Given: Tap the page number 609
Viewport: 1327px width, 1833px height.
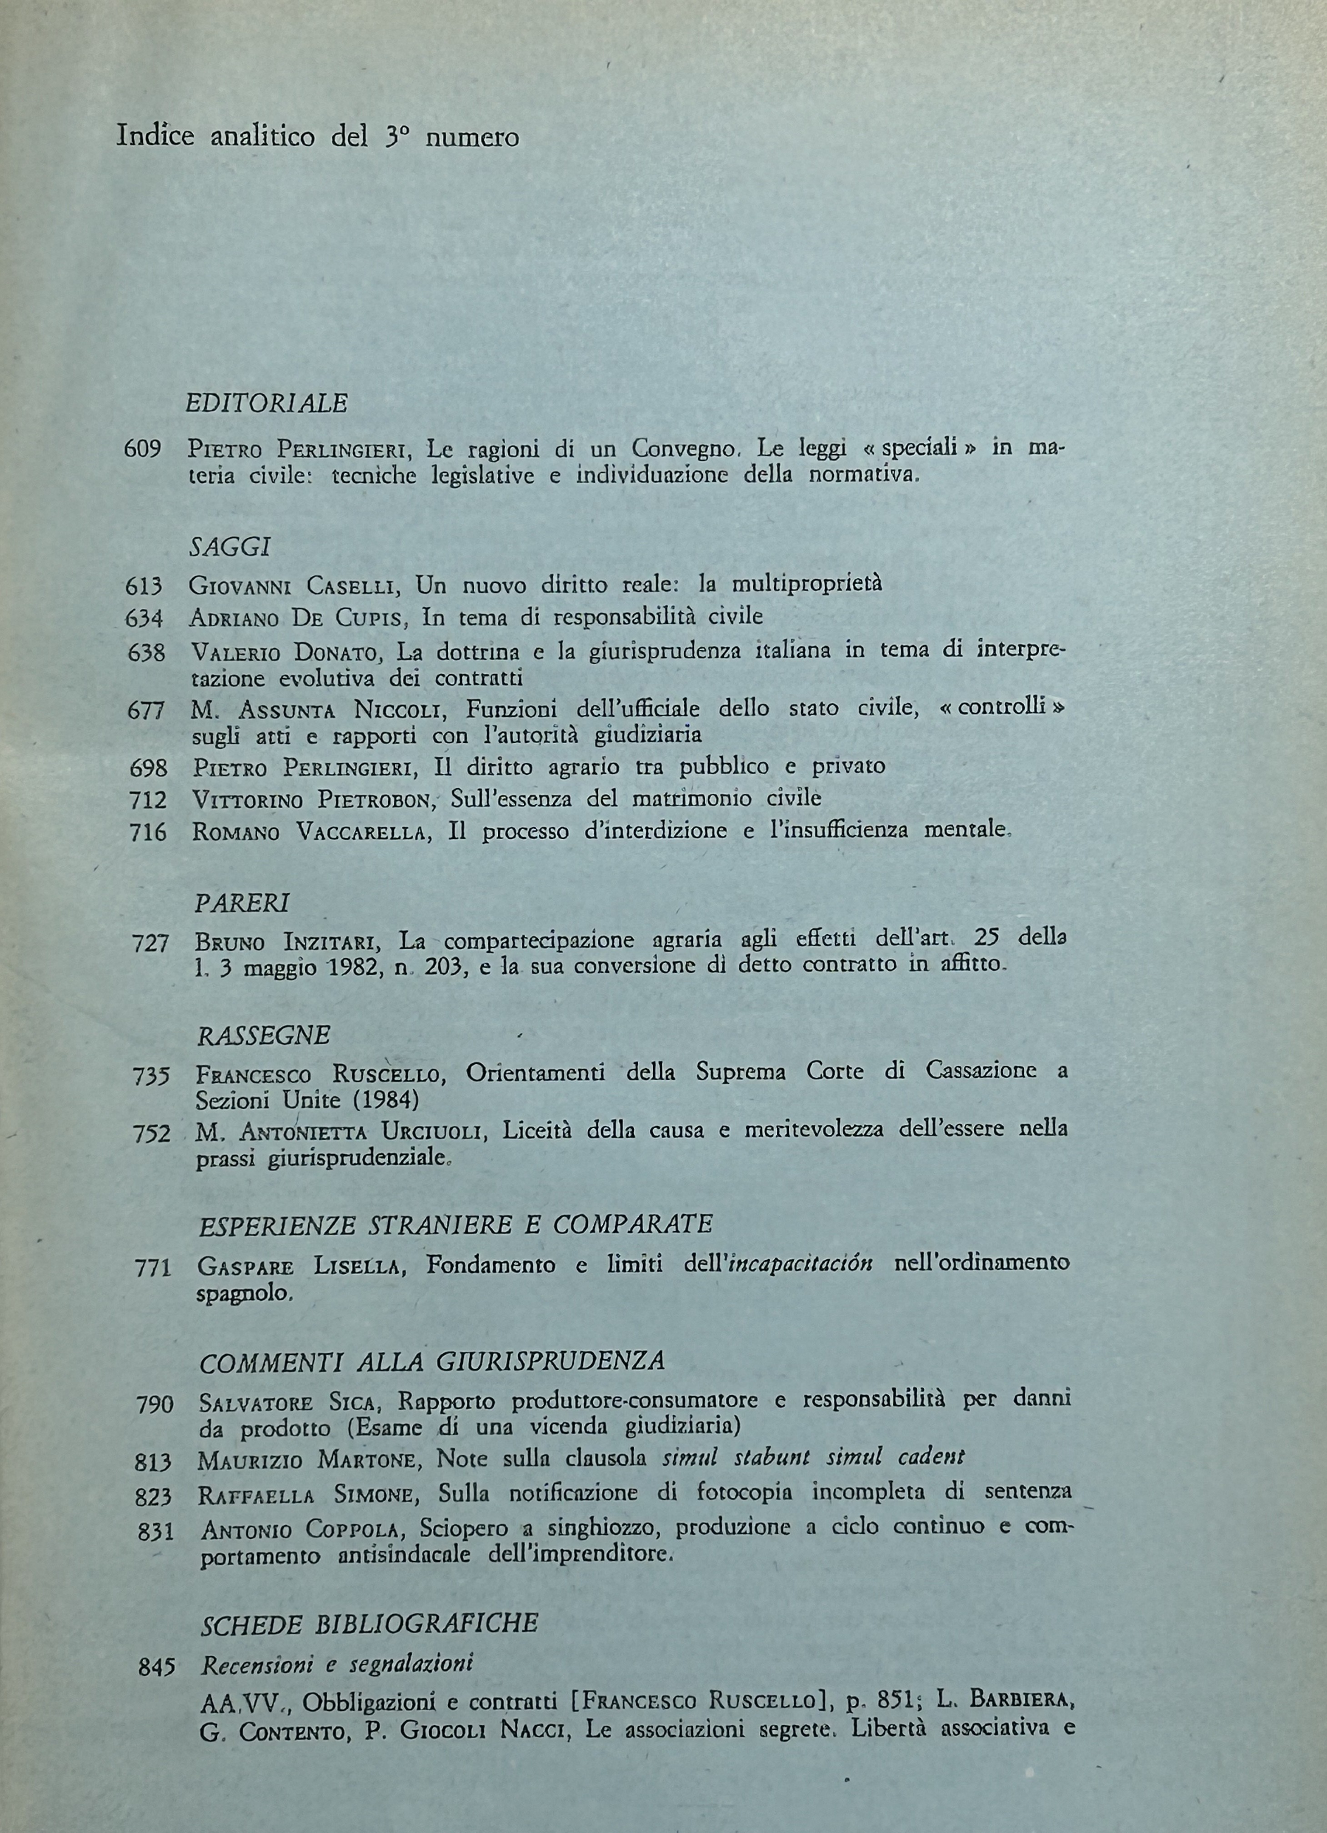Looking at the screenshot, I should coord(144,449).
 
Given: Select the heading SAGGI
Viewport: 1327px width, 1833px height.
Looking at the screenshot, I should coord(230,548).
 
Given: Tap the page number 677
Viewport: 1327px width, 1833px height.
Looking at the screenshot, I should coord(146,711).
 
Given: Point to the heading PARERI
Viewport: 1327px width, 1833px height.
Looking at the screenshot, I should coord(242,903).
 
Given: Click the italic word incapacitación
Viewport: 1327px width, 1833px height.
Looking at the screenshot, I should coord(800,1263).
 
